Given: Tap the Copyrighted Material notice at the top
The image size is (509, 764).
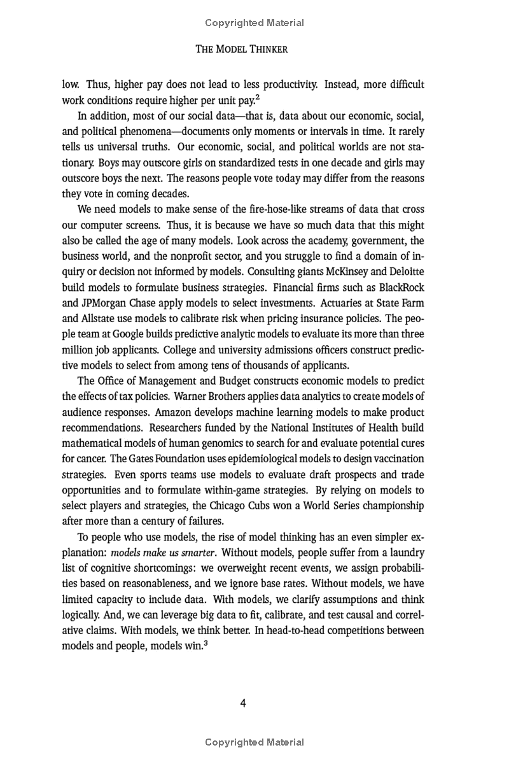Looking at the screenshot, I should click(x=254, y=23).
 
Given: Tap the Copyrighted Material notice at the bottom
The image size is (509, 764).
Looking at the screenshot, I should click(x=254, y=742).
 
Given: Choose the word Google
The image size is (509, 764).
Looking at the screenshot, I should click(x=132, y=334).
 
